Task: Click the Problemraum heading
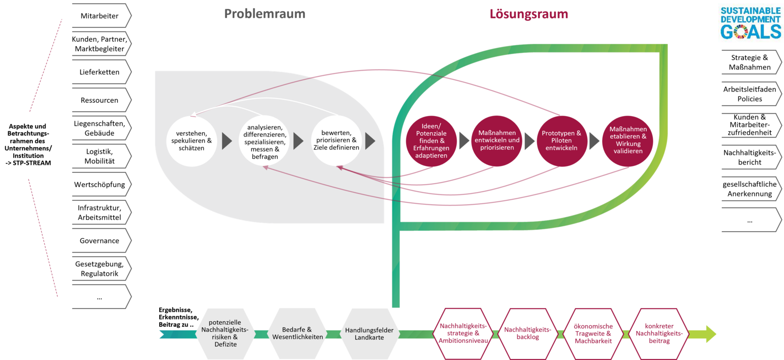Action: point(265,14)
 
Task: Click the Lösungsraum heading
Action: point(529,14)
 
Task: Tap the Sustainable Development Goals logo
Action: point(750,23)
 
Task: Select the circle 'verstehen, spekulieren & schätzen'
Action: point(192,141)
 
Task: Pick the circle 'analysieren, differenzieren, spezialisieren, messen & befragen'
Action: point(265,142)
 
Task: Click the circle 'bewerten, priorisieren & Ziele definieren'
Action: point(337,140)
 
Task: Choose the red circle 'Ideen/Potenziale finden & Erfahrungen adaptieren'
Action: point(431,141)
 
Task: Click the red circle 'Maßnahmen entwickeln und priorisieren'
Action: point(497,140)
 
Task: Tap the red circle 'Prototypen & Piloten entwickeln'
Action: point(562,141)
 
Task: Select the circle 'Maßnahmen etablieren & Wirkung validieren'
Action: point(628,140)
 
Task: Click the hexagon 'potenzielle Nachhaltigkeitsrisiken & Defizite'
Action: point(225,334)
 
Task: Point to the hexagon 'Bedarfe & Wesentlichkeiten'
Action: point(297,334)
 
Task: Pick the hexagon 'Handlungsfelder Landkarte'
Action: point(369,334)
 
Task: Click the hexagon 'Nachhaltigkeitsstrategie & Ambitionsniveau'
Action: point(463,334)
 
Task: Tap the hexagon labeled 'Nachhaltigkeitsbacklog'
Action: point(528,334)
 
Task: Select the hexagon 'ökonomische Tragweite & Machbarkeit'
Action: point(593,334)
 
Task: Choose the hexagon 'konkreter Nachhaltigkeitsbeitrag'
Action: point(659,334)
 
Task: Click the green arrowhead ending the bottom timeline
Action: point(710,334)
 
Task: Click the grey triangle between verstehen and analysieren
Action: point(226,141)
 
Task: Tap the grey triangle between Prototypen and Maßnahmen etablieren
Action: point(594,141)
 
